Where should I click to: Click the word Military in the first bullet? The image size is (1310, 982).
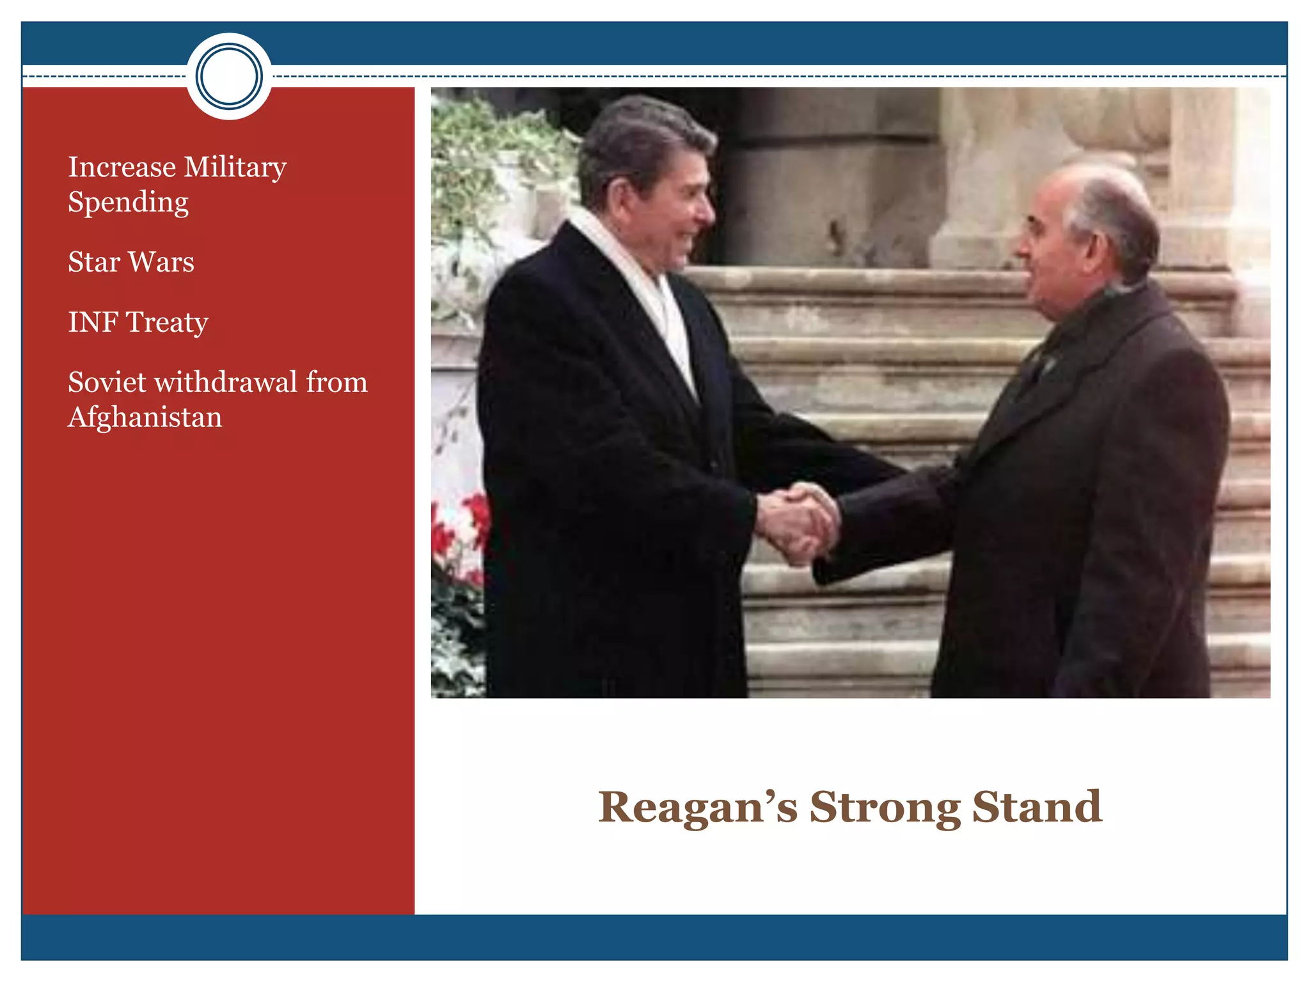coord(235,168)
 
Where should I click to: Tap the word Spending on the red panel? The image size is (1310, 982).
coord(128,203)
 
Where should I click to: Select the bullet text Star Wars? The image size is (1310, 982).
coord(131,262)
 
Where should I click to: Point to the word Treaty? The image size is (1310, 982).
coord(167,323)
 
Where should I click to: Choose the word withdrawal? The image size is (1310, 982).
coord(226,382)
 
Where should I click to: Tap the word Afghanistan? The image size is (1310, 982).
coord(145,417)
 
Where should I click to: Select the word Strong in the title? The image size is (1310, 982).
coord(885,808)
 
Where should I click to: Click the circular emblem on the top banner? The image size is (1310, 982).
coord(229,76)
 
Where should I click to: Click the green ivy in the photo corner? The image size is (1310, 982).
coord(486,147)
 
